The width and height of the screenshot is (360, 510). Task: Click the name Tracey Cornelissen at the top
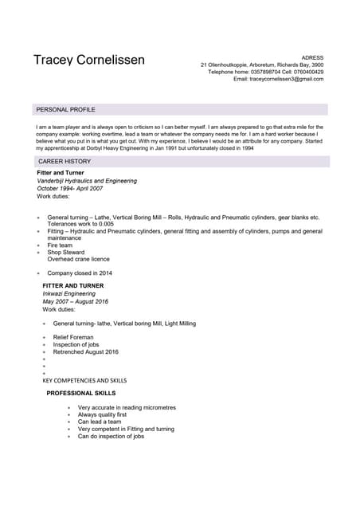point(89,61)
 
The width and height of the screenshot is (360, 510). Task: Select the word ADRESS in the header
point(313,57)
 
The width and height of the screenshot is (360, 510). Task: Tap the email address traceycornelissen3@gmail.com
point(286,79)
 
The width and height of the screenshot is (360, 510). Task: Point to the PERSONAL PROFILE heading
point(66,109)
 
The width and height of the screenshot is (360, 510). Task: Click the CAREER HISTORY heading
point(65,162)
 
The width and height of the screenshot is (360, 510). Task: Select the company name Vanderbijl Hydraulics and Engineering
point(87,181)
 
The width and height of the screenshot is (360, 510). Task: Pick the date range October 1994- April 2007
point(70,188)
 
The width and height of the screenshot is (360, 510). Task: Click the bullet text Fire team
point(60,245)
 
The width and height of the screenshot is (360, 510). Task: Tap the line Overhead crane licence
point(78,259)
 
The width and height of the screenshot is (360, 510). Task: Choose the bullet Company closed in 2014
point(80,273)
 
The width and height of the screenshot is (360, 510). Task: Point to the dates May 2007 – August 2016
point(76,301)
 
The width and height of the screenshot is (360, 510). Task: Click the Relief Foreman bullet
point(73,338)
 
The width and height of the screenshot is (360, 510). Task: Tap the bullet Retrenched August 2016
point(85,351)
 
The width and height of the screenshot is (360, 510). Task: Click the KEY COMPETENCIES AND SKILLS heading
point(84,381)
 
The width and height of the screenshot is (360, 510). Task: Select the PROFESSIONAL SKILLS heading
point(80,394)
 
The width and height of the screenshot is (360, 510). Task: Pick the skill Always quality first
point(102,415)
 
